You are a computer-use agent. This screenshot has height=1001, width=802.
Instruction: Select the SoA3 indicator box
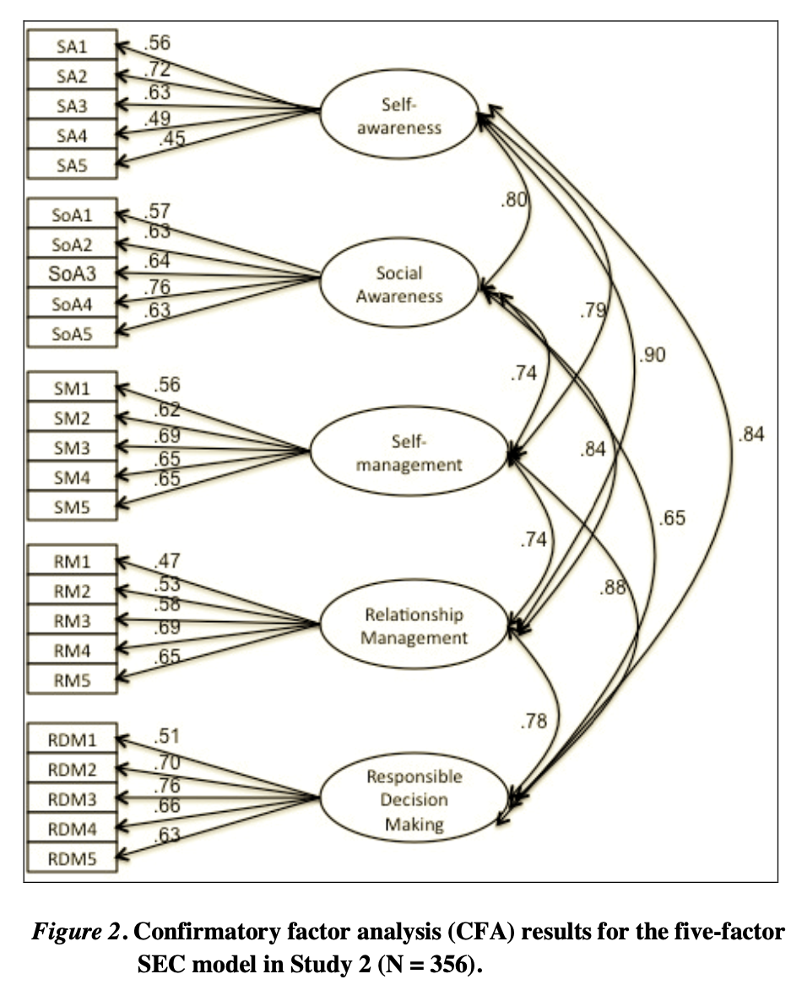(72, 273)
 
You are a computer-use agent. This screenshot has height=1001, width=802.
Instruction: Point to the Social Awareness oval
(399, 284)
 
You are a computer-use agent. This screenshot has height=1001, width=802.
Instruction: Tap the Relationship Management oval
(414, 625)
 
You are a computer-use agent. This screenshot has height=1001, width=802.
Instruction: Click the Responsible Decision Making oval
(414, 800)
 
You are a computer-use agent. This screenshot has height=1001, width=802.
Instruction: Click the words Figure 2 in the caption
(79, 933)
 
